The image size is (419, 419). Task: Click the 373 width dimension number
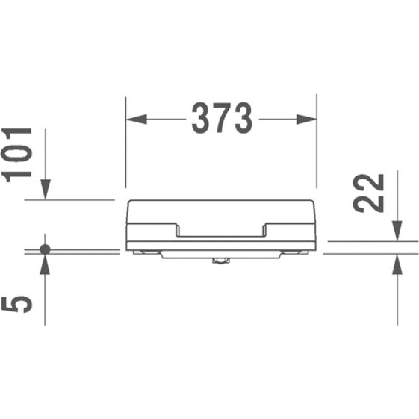click(x=222, y=118)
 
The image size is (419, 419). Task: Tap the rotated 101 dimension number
click(x=16, y=155)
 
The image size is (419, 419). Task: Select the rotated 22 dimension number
click(x=368, y=193)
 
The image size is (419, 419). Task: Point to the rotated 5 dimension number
click(x=16, y=304)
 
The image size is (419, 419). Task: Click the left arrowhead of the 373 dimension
click(x=136, y=120)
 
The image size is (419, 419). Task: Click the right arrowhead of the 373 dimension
click(x=306, y=120)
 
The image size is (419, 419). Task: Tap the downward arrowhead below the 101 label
click(x=45, y=190)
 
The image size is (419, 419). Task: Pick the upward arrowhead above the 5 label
click(x=45, y=264)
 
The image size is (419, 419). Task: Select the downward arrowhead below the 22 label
click(x=397, y=231)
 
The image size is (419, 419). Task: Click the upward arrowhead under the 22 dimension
click(x=397, y=264)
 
